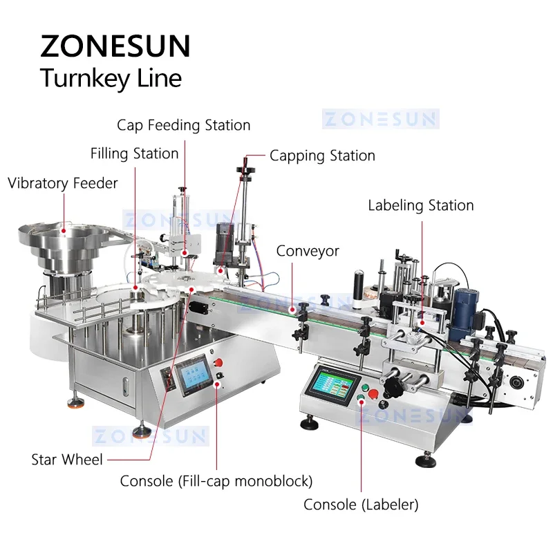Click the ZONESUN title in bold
[115, 46]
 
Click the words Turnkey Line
[111, 78]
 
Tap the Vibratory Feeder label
[63, 183]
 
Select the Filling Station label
[135, 153]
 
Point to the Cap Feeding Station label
[183, 125]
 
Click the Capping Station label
[322, 156]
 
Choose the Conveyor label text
[308, 251]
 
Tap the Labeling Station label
[420, 205]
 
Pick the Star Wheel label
[67, 459]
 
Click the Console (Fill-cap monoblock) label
[216, 480]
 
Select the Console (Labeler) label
[361, 505]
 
